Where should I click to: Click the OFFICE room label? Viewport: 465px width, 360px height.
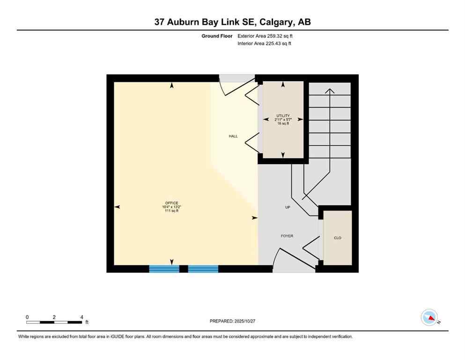tap(171, 203)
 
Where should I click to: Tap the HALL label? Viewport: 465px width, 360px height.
tap(233, 136)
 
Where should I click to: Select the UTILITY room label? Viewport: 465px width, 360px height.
tap(283, 116)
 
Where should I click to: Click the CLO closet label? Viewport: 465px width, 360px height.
tap(338, 238)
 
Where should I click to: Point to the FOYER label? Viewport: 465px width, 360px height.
tap(287, 236)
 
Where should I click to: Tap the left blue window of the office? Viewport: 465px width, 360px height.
tap(164, 269)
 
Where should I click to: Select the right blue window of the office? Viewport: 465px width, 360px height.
tap(203, 269)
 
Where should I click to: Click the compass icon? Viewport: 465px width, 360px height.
tap(429, 317)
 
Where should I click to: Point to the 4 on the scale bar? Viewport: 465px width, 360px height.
tap(82, 317)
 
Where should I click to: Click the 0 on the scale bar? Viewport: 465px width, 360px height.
tap(27, 317)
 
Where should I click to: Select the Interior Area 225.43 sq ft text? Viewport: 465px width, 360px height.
tap(265, 44)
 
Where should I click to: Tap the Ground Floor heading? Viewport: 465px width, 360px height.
tap(217, 36)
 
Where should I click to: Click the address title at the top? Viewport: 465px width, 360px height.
tap(232, 22)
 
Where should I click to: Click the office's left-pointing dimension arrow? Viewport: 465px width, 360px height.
tap(117, 207)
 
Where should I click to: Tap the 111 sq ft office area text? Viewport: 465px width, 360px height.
tap(171, 211)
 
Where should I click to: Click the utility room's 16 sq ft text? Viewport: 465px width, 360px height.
tap(283, 123)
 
